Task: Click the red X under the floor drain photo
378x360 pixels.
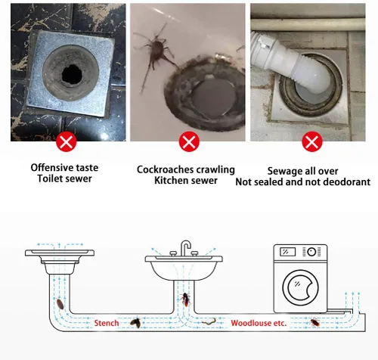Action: tap(66, 141)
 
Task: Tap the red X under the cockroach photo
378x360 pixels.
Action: tap(189, 141)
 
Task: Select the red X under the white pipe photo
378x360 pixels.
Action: tap(312, 141)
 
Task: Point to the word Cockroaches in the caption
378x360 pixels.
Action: tap(165, 169)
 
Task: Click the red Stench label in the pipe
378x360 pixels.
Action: tap(107, 323)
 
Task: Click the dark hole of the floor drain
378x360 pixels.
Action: tap(72, 75)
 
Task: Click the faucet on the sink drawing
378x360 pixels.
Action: tap(185, 247)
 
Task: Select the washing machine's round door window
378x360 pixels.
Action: tap(300, 287)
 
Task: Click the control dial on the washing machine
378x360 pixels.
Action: tap(311, 252)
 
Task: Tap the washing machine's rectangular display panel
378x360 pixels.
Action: tap(287, 252)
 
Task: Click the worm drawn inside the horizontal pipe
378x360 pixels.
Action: tap(209, 321)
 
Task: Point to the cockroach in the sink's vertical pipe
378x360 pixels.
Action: tap(185, 299)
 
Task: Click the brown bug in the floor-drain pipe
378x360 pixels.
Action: tap(60, 304)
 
